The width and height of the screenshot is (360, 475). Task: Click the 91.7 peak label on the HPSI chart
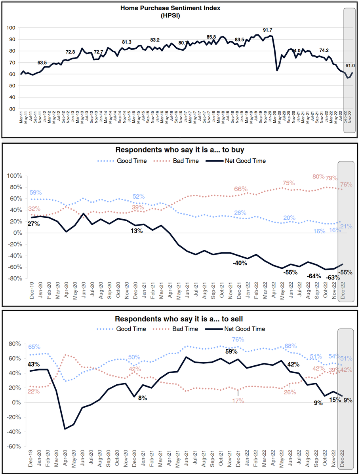pyautogui.click(x=269, y=30)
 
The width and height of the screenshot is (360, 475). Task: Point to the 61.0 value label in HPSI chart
pyautogui.click(x=350, y=66)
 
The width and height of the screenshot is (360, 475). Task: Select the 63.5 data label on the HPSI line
pyautogui.click(x=42, y=63)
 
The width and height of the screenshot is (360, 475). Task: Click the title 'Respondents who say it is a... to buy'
pyautogui.click(x=180, y=150)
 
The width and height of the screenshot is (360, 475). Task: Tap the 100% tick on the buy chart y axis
pyautogui.click(x=16, y=175)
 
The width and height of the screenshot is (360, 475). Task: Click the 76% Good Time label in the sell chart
pyautogui.click(x=238, y=340)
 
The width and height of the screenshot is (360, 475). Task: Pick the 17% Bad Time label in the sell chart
pyautogui.click(x=238, y=401)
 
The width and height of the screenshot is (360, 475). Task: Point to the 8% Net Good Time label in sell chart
pyautogui.click(x=142, y=398)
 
